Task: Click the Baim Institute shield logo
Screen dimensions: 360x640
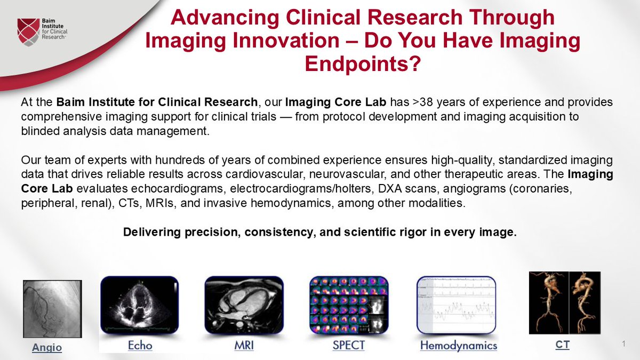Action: pos(28,30)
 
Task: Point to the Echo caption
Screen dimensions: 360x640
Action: pos(140,345)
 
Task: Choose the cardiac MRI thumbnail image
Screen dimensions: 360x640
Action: pos(244,305)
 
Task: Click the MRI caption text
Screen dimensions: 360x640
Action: pos(244,345)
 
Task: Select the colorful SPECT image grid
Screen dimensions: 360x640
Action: pos(349,305)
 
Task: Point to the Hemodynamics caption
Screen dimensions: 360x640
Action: pos(458,346)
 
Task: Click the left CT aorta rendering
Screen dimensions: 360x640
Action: pos(548,302)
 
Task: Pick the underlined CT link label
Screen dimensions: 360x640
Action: pos(562,345)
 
